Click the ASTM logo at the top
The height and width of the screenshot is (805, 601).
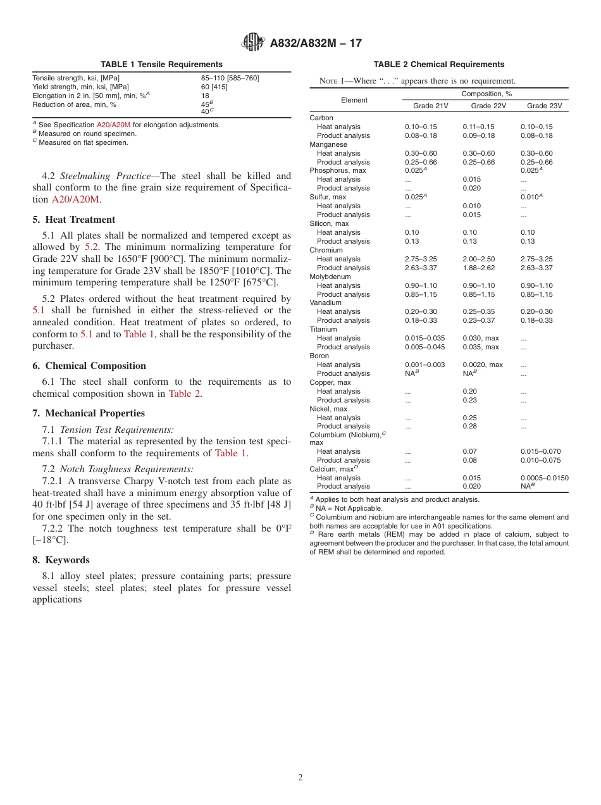coord(254,43)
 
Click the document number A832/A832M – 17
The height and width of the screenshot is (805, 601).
coord(316,44)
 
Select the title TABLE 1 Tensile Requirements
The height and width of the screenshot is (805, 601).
coord(161,65)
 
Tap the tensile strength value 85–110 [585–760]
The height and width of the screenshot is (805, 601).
coord(230,78)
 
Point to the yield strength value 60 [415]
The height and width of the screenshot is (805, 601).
coord(214,87)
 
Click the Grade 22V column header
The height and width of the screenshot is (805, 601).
coord(488,106)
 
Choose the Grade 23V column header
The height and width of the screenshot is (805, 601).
coord(544,106)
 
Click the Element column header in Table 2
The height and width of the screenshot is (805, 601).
coord(354,100)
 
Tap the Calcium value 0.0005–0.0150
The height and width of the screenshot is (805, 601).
coord(544,478)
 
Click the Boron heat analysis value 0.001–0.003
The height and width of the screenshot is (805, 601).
coord(424,365)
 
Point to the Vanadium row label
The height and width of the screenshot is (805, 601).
coord(325,303)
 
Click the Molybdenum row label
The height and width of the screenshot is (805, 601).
coord(329,277)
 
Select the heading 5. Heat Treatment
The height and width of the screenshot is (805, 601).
coord(74,220)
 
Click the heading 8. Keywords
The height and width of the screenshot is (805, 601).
coord(61,560)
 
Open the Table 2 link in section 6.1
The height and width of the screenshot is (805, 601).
coord(184,394)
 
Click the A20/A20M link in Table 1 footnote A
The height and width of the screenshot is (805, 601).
coord(113,125)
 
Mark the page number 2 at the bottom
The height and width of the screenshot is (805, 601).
coord(300,778)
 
